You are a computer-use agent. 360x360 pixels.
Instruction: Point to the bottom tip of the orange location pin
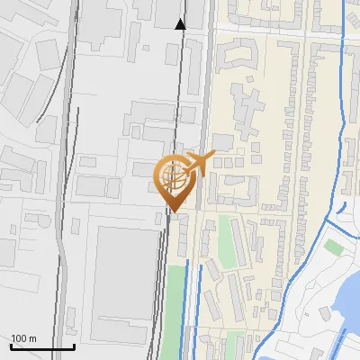(174, 212)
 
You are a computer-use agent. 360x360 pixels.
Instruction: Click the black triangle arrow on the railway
(180, 24)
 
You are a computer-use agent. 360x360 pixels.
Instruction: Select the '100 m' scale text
(23, 338)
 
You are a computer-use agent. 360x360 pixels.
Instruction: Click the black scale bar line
(41, 346)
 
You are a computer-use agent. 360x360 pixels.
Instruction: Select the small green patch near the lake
(334, 247)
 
